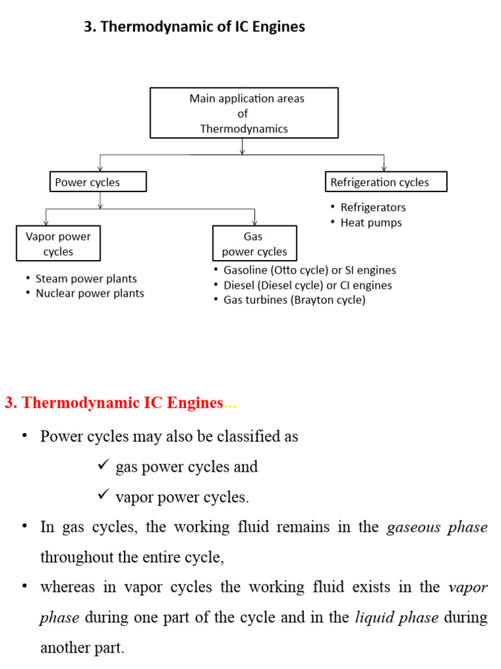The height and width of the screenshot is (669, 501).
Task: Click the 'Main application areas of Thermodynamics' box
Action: (x=244, y=113)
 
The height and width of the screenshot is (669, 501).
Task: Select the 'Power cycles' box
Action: (x=98, y=182)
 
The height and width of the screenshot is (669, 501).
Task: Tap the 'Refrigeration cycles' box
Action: (x=386, y=182)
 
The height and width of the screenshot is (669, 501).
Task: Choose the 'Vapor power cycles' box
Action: (x=58, y=244)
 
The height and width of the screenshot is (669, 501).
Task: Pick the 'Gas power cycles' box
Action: (x=254, y=244)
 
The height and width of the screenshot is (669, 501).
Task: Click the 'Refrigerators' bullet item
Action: (x=372, y=207)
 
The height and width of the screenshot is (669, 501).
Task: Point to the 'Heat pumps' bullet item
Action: (x=371, y=222)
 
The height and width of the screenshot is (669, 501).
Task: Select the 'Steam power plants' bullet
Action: (x=86, y=278)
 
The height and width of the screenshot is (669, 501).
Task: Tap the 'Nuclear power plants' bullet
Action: (x=89, y=293)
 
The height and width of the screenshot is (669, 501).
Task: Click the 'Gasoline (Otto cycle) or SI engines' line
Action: (x=309, y=270)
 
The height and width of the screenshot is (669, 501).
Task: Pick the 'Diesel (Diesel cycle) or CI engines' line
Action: (x=307, y=285)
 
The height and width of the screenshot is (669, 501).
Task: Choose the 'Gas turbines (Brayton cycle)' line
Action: (x=294, y=300)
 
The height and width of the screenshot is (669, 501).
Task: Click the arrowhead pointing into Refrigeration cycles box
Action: (x=384, y=168)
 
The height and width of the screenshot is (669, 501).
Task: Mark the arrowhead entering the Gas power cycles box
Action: (x=254, y=222)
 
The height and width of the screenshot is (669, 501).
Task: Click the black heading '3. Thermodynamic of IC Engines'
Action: (x=194, y=27)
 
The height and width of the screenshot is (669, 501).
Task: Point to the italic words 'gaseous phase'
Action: (x=437, y=527)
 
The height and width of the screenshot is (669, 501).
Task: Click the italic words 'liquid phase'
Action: (x=396, y=617)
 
